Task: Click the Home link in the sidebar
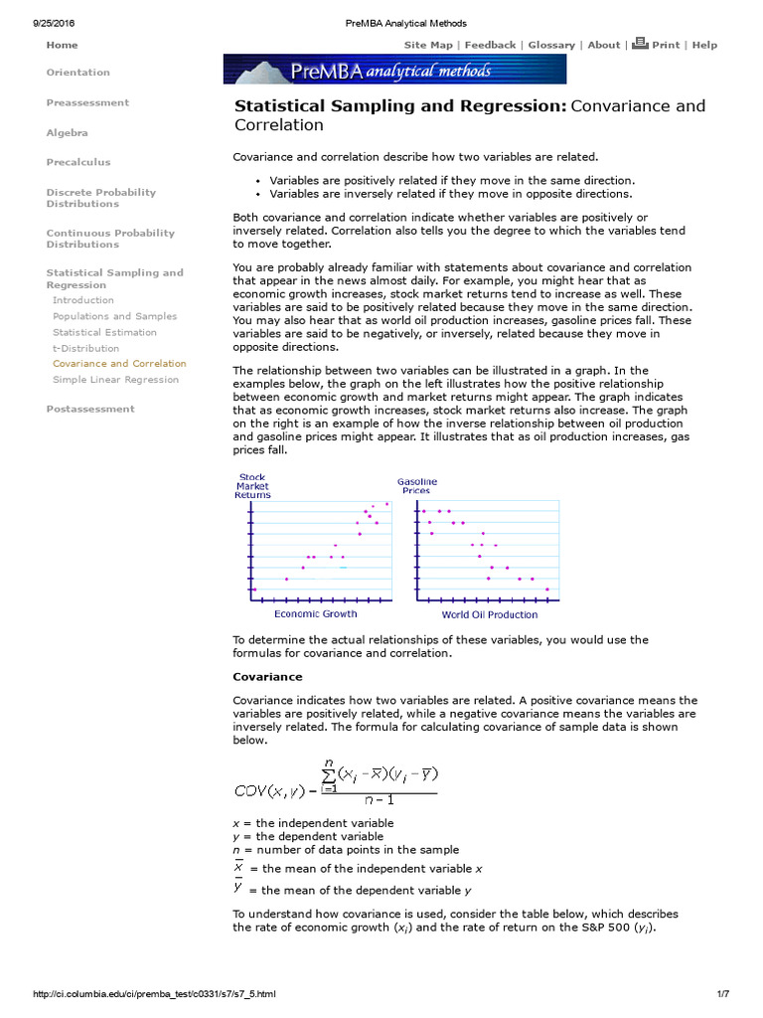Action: point(62,45)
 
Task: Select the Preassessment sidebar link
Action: point(87,102)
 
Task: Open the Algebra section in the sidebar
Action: point(67,132)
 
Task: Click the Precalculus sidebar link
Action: point(78,162)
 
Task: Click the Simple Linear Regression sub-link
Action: point(115,379)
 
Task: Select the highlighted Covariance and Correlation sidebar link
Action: point(119,364)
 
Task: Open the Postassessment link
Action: point(90,409)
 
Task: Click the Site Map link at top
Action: point(427,45)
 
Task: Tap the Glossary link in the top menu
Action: point(551,45)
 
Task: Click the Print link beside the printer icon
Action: point(666,45)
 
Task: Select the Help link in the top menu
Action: point(704,45)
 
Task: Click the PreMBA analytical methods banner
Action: point(394,70)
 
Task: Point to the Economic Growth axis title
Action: point(315,614)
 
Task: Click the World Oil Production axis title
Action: point(490,614)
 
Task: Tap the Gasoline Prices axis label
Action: point(416,486)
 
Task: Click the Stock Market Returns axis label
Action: point(252,486)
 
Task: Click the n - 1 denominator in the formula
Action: point(377,798)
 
